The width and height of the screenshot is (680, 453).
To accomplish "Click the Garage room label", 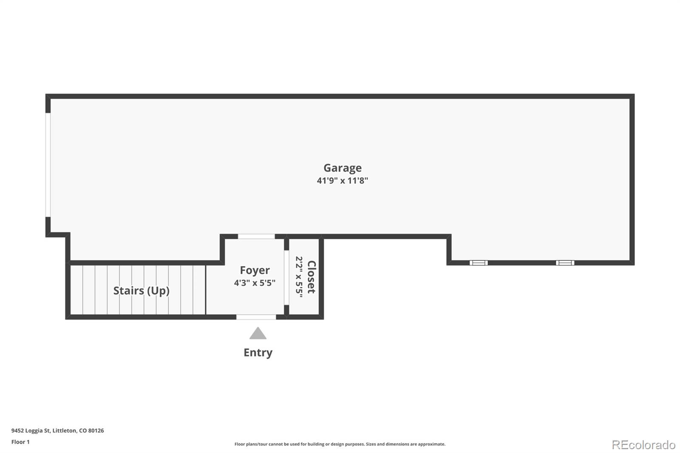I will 342,168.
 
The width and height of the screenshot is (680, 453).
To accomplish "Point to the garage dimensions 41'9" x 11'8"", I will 342,180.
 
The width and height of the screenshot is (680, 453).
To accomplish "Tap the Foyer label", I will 255,270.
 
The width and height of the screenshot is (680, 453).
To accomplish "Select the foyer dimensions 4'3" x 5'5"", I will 255,283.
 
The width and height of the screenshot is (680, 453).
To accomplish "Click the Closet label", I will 312,277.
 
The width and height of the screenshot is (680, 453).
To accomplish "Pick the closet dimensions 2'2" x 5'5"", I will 299,277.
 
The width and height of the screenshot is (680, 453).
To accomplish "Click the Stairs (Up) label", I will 141,291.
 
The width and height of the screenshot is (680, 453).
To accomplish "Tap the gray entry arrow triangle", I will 258,333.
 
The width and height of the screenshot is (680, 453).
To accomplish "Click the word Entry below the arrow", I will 258,353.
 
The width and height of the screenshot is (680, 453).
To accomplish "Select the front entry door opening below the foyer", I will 256,317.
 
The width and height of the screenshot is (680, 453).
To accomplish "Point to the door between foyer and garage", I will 256,236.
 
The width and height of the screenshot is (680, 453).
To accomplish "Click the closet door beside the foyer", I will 286,277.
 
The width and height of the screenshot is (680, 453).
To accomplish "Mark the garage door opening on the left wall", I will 48,165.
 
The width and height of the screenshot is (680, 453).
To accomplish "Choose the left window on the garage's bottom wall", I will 479,263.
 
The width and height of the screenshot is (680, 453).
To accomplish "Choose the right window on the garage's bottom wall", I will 565,263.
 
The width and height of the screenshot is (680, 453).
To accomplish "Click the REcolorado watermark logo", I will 643,445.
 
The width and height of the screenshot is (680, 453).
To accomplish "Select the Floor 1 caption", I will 20,442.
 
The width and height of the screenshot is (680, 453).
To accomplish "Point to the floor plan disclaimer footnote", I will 340,444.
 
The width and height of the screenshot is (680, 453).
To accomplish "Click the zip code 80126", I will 96,430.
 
